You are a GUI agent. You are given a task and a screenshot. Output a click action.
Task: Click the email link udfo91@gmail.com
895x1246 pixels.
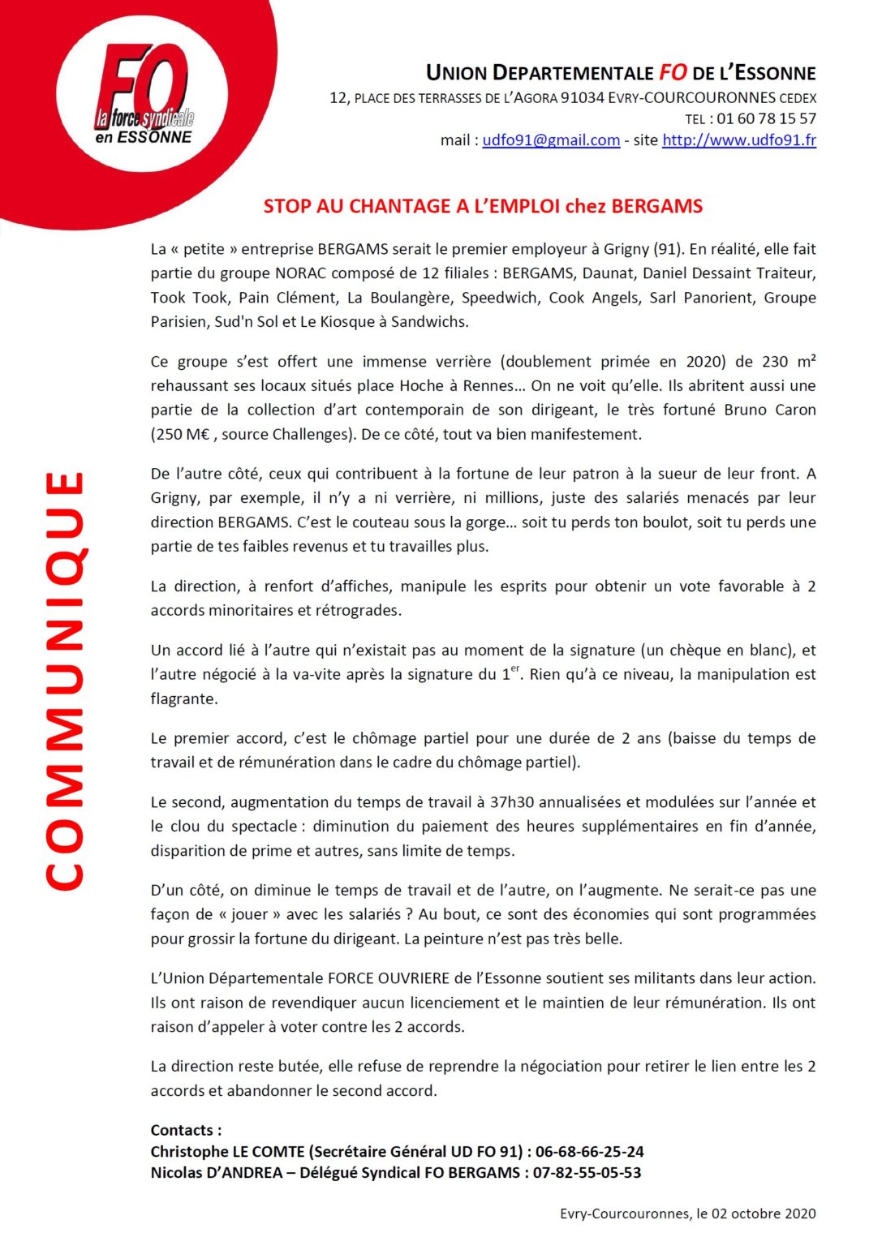click(551, 140)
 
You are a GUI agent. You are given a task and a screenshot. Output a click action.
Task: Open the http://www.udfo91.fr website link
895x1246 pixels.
click(738, 140)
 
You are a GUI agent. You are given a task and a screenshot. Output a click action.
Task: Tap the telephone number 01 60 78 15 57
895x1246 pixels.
click(765, 118)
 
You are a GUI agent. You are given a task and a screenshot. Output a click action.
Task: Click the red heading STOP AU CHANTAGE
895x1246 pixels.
click(483, 206)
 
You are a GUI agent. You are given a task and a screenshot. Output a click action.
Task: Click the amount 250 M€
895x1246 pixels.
click(180, 434)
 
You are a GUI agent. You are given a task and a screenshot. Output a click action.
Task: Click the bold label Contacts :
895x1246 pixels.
click(186, 1130)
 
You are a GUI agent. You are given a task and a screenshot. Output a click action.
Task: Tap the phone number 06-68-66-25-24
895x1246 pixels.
click(589, 1151)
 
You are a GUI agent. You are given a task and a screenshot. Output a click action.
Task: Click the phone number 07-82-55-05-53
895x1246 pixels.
click(587, 1172)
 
